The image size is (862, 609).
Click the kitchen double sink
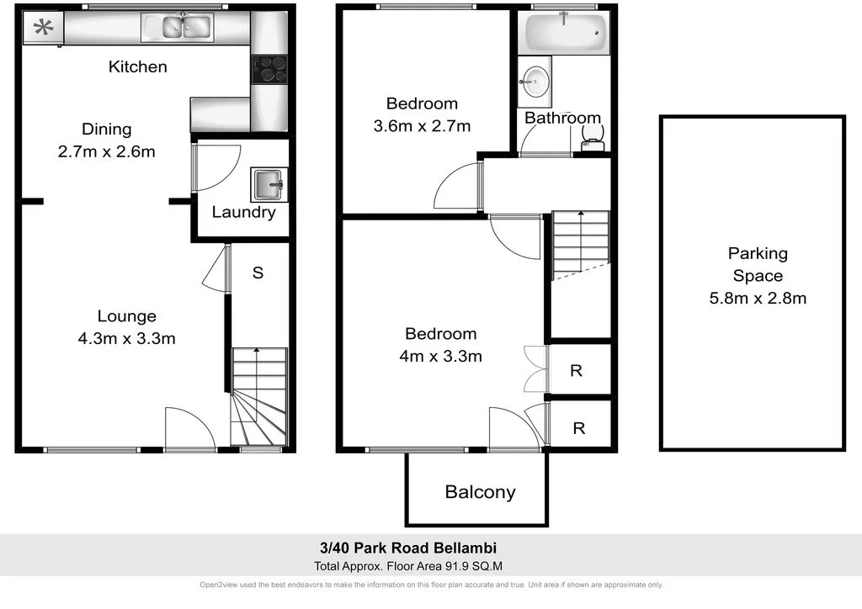[x=183, y=28]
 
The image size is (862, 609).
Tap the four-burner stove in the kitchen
[x=269, y=69]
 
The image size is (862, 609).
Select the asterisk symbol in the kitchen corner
[x=42, y=28]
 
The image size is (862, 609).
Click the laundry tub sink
[x=269, y=183]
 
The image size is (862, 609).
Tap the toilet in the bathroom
[x=593, y=144]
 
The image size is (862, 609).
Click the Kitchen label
[x=138, y=66]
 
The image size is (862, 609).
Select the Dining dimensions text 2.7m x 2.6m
[x=107, y=152]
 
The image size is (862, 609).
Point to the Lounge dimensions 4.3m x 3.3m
[x=126, y=339]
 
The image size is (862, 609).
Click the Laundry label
[x=243, y=212]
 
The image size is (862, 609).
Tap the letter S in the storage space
[x=258, y=273]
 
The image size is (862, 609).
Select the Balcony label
[x=480, y=492]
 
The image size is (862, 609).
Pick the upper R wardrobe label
[x=577, y=370]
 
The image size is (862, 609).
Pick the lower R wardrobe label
[x=579, y=428]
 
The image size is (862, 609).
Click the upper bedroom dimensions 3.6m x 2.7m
[x=421, y=126]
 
